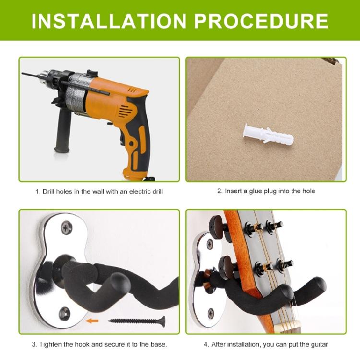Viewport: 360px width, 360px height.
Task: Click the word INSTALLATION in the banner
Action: click(109, 21)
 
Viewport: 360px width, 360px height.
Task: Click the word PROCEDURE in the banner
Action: click(261, 21)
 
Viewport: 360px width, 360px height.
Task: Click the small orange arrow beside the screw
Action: click(92, 321)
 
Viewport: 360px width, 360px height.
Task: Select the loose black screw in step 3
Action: click(137, 322)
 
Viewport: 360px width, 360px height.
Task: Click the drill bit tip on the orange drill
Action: click(23, 73)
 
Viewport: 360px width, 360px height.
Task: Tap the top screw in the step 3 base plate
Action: click(67, 228)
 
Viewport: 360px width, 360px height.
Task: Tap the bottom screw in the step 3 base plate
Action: click(64, 313)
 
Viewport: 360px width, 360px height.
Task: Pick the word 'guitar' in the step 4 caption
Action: click(319, 345)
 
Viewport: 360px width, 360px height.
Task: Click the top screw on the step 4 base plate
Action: click(210, 244)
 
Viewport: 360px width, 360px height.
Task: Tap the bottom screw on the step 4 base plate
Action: click(210, 313)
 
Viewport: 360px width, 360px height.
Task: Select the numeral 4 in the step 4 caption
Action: click(206, 344)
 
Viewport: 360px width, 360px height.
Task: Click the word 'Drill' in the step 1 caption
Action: click(48, 192)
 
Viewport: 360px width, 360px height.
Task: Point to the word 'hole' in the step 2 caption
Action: click(309, 191)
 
